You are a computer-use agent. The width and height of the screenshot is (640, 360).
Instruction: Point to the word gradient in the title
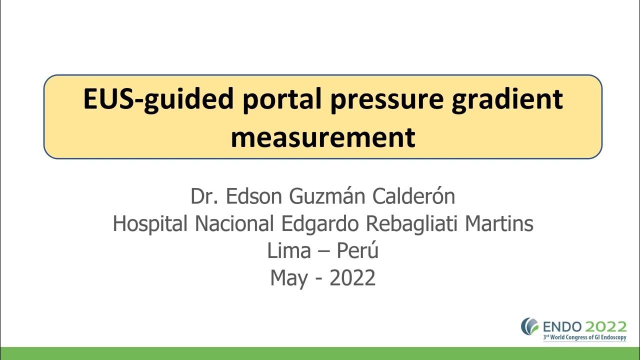(507, 99)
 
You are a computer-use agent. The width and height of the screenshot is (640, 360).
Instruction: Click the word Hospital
(150, 223)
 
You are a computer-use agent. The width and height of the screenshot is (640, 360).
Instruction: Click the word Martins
(499, 223)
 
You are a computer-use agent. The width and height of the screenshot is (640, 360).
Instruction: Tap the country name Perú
(357, 250)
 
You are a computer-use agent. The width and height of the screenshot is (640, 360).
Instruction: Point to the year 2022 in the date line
(352, 277)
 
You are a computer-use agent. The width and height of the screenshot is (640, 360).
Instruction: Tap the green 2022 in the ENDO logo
(606, 327)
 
